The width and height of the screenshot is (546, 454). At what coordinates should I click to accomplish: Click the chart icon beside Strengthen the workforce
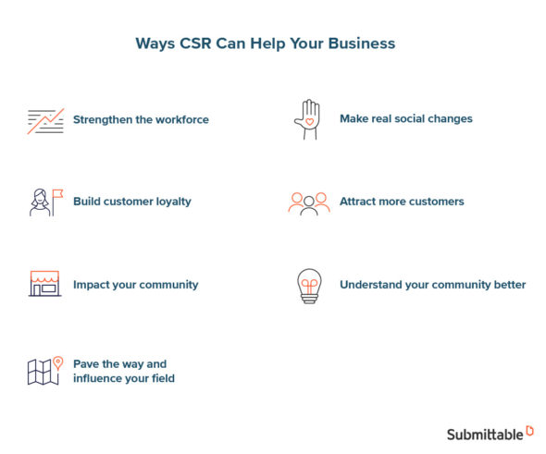[45, 120]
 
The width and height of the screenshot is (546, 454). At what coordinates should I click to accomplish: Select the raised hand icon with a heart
[306, 120]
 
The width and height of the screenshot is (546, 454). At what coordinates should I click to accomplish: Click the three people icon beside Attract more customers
[308, 202]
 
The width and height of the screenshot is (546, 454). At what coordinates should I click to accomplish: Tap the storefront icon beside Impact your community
[44, 284]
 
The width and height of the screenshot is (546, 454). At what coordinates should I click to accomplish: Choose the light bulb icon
[308, 285]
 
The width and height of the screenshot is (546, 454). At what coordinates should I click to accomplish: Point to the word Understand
[372, 285]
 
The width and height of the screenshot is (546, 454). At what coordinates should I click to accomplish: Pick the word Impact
[92, 285]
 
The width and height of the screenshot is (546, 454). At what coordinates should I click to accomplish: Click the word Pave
[87, 364]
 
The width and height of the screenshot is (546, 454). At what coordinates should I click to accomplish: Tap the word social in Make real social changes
[414, 119]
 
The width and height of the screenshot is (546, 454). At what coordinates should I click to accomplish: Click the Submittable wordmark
[484, 434]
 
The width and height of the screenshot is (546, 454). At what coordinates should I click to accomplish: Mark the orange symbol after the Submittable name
[529, 430]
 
